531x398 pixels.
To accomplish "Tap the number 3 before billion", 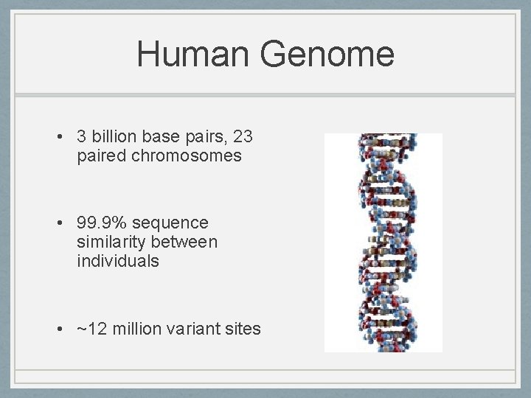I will click(82, 136).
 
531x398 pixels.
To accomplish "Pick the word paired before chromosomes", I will click(102, 156).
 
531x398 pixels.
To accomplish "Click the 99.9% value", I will click(103, 223).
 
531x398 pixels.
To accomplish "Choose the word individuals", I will click(117, 261).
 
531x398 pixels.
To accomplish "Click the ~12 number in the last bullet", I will click(91, 329).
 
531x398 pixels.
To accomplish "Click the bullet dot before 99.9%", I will click(58, 223).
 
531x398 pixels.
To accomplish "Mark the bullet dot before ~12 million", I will click(58, 329).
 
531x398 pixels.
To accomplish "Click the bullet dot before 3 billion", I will click(58, 137).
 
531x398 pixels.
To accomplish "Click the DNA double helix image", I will click(383, 242).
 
